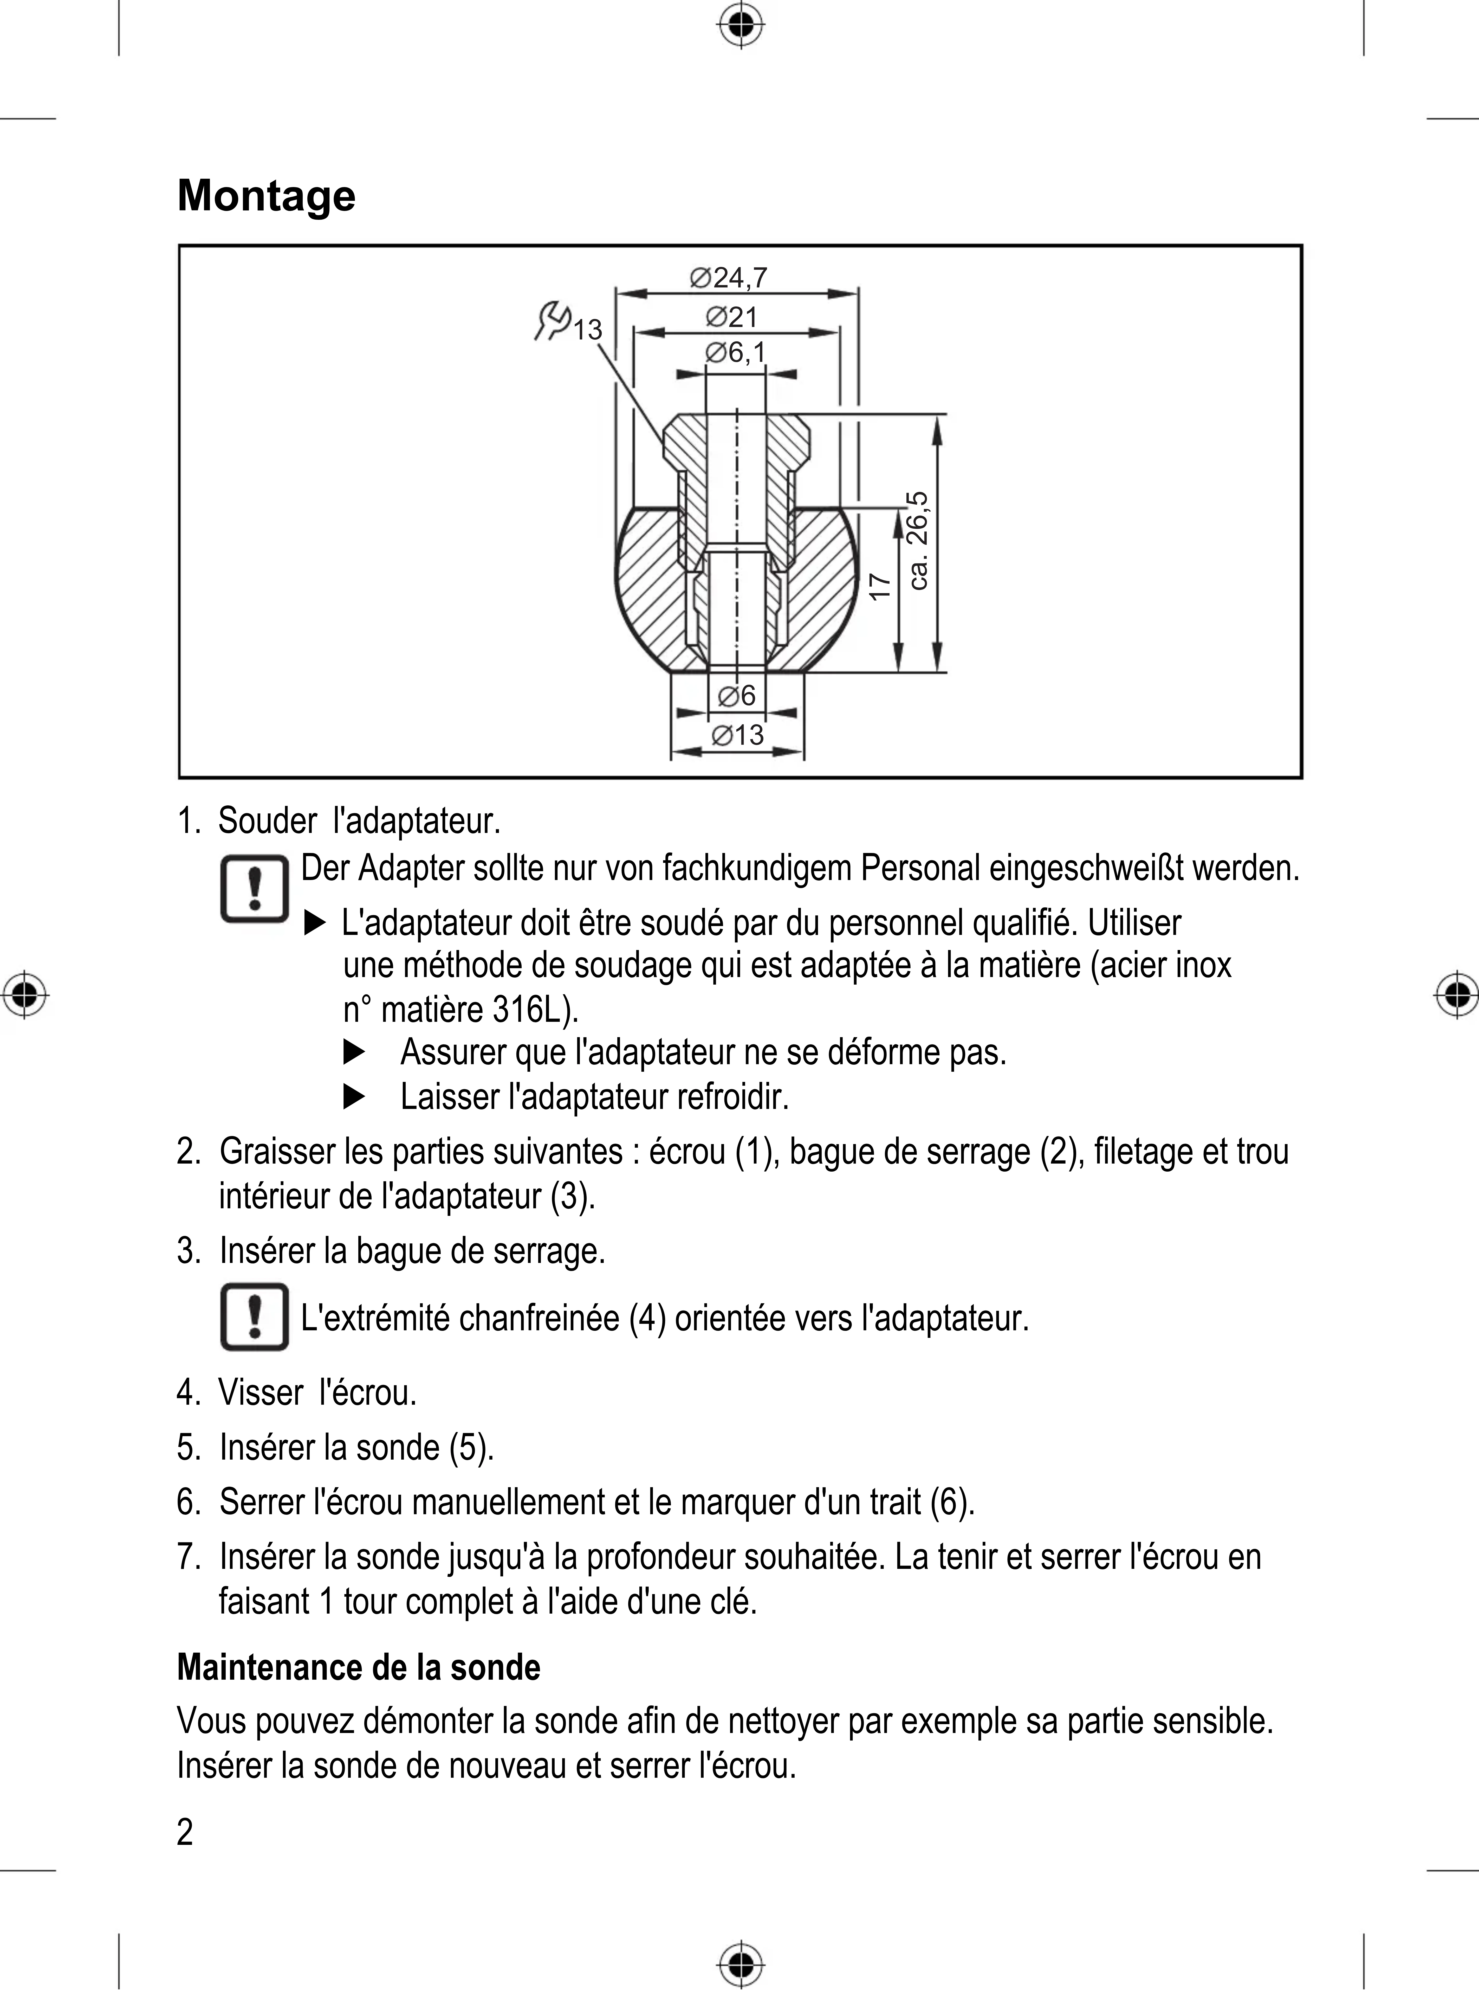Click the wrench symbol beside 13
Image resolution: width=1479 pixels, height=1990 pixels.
552,321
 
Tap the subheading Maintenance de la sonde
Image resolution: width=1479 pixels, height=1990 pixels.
358,1668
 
